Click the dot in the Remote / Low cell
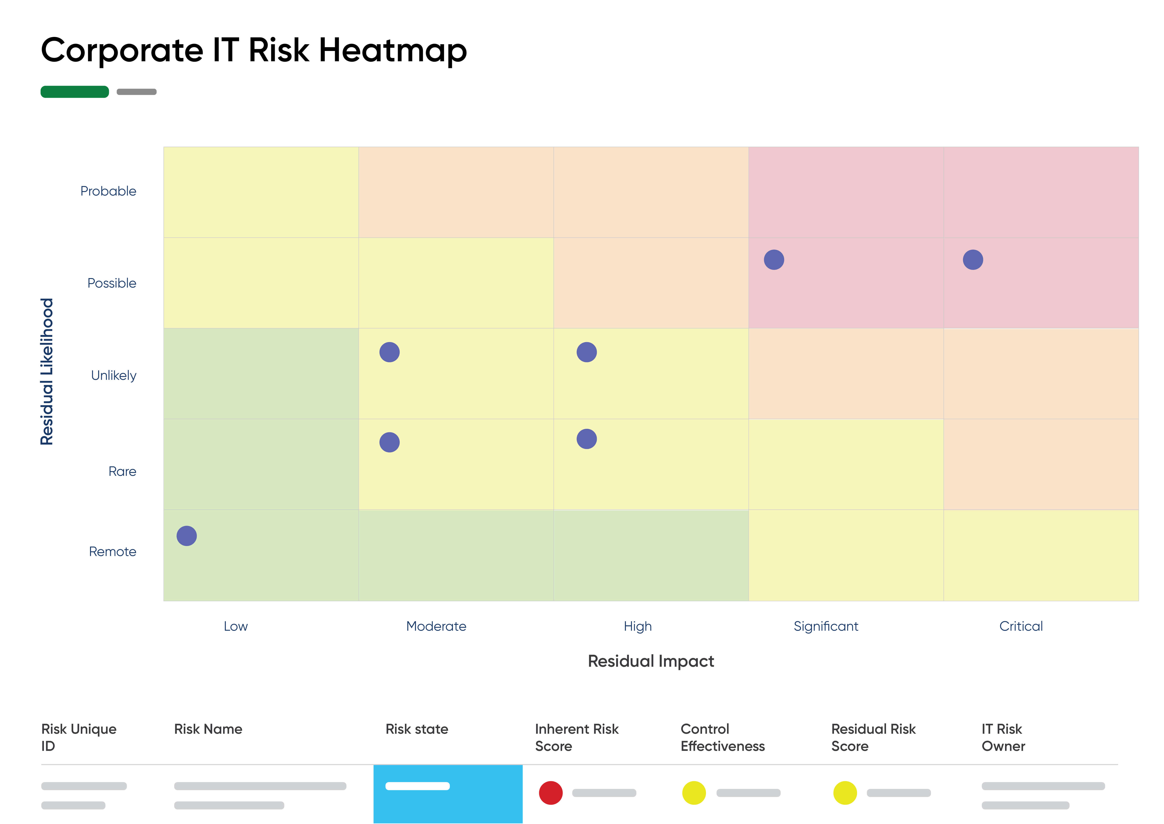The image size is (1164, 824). coord(187,536)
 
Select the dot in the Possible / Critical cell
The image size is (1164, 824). coord(973,260)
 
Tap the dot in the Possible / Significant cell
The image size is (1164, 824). coord(774,260)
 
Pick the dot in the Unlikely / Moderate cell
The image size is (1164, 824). coord(390,352)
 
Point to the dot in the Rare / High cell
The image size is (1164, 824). coord(587,439)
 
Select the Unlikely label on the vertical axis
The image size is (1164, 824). coord(114,375)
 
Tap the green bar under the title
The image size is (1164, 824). coord(75,92)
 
